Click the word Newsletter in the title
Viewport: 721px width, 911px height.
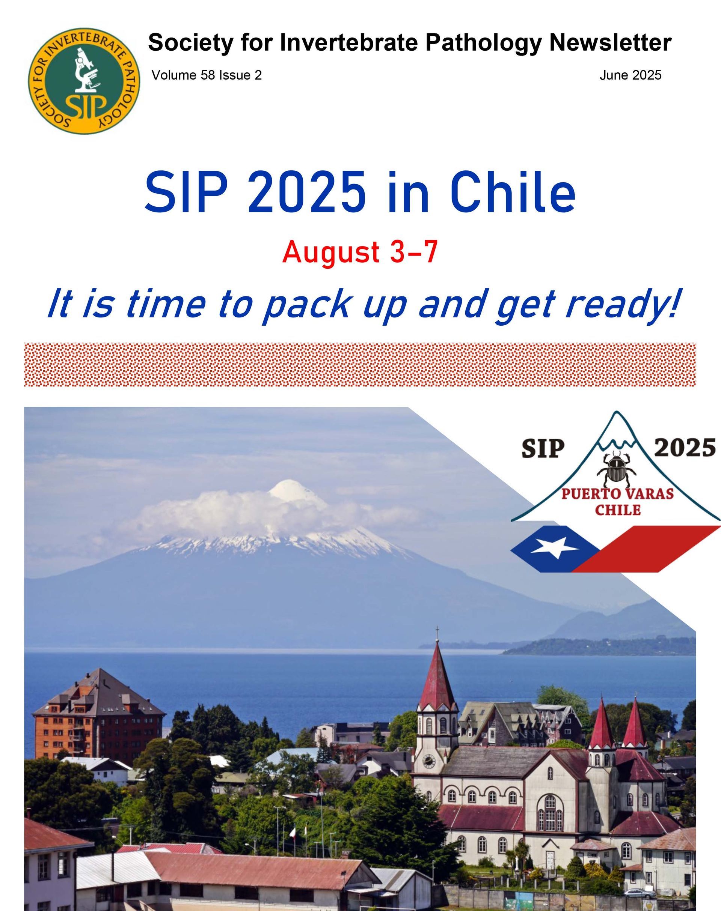point(610,43)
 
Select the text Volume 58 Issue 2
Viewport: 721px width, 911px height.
point(207,75)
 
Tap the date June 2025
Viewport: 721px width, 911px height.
point(630,75)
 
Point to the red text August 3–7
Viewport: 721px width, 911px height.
point(360,253)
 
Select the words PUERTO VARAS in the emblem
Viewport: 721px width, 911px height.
point(617,493)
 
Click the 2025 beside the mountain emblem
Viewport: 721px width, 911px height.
point(685,448)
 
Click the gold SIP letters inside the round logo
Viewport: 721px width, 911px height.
point(86,108)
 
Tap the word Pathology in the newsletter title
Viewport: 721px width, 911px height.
point(483,43)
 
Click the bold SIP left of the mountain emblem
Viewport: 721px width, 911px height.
point(543,449)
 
